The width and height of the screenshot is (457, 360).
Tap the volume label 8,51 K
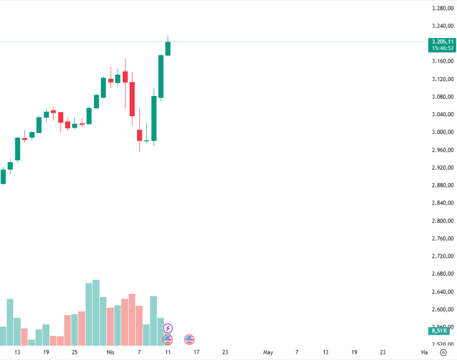pyautogui.click(x=439, y=331)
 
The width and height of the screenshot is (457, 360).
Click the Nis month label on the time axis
pyautogui.click(x=110, y=353)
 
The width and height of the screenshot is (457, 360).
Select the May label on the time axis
pyautogui.click(x=268, y=353)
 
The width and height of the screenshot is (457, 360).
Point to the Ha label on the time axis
pyautogui.click(x=424, y=353)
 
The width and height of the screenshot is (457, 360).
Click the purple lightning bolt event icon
pyautogui.click(x=168, y=328)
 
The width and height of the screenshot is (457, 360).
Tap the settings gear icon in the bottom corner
pyautogui.click(x=443, y=353)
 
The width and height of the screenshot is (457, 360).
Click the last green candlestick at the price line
pyautogui.click(x=168, y=48)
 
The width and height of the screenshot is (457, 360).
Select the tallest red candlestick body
pyautogui.click(x=132, y=99)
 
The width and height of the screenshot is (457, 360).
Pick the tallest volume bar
pyautogui.click(x=96, y=313)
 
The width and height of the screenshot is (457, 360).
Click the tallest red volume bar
pyautogui.click(x=132, y=319)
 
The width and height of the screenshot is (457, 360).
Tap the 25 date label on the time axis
pyautogui.click(x=75, y=353)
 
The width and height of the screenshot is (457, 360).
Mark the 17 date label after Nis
pyautogui.click(x=196, y=353)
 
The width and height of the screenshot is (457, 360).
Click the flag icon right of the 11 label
pyautogui.click(x=189, y=339)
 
